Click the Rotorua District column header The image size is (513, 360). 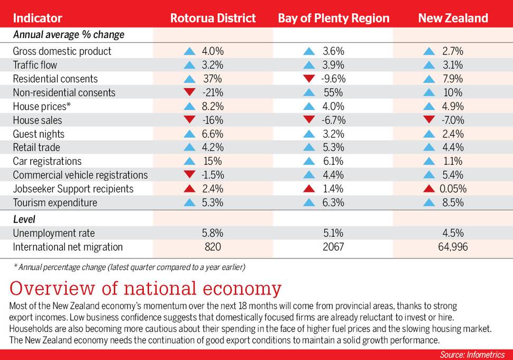coord(213,18)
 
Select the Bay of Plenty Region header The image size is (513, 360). coord(334,18)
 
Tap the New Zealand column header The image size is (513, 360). coord(453,18)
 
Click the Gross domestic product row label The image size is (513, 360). coord(62,51)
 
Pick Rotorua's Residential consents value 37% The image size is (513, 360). coord(212,79)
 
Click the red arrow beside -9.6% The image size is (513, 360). coord(309,78)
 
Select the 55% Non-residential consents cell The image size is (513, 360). coord(333,93)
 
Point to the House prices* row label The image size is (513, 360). coord(42,107)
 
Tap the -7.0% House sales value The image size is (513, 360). coord(453,120)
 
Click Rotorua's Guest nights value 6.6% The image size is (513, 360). coord(213,134)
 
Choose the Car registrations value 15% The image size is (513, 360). coord(212,161)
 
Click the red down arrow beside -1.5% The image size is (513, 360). coord(189,174)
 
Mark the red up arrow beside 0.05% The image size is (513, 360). coord(429,188)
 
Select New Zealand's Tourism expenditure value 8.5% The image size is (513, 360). coord(453,202)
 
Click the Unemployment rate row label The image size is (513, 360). coord(54,233)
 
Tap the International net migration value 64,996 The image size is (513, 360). coord(453,247)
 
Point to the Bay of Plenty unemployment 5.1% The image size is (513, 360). coord(333,233)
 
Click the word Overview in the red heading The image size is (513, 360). coord(53,289)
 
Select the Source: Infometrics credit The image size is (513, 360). coord(472,355)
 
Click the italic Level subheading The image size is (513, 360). coord(24,219)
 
